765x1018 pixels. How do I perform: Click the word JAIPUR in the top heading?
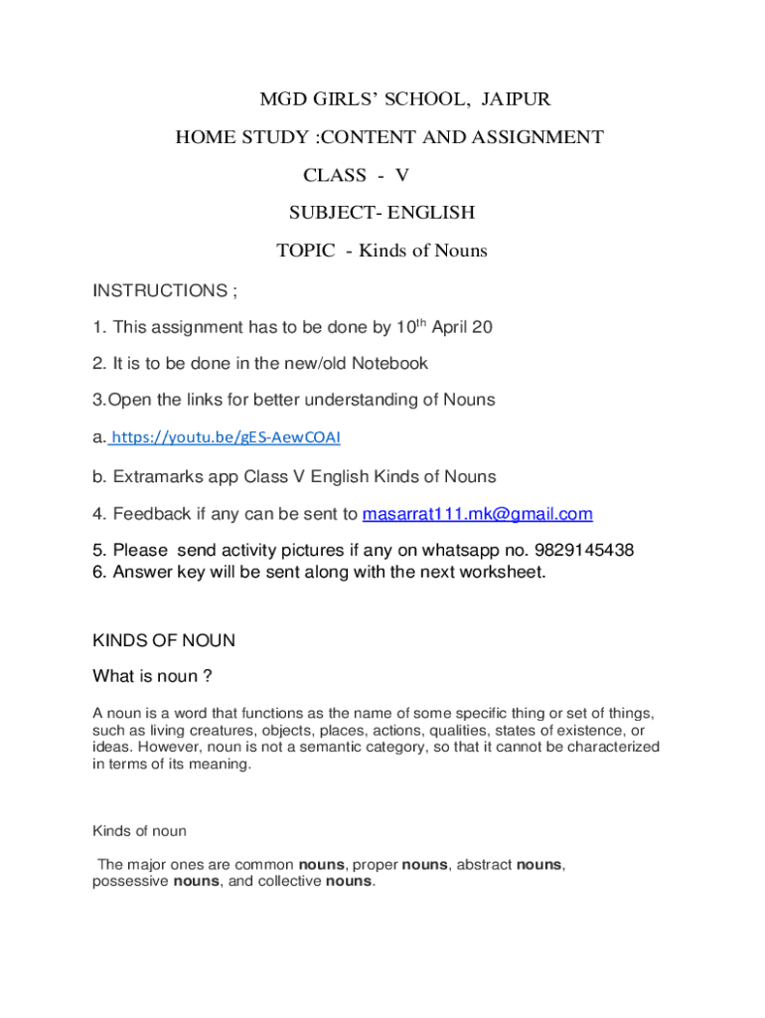coord(516,99)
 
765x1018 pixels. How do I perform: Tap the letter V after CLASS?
coord(402,175)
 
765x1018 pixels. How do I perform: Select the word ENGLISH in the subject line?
coord(431,213)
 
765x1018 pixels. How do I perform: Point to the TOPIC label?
coord(305,251)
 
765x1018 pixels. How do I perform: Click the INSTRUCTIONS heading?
coord(160,291)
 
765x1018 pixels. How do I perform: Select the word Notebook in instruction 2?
coord(386,364)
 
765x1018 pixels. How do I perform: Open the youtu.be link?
coord(231,437)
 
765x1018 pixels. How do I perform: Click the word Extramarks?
coord(156,477)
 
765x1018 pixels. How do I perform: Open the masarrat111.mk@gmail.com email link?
coord(477,514)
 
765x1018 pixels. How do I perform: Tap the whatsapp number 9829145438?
coord(584,551)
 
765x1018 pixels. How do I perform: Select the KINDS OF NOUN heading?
coord(164,641)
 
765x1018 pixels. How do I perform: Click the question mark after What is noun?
coord(207,677)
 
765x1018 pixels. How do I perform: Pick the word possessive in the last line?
coord(130,882)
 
